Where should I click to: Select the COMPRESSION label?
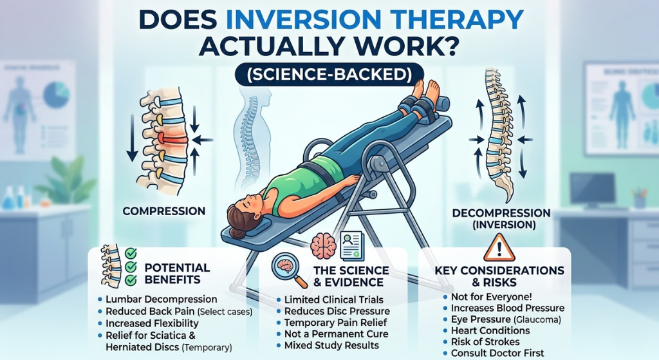[x=164, y=211]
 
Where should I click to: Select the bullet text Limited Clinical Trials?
[x=334, y=300]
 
